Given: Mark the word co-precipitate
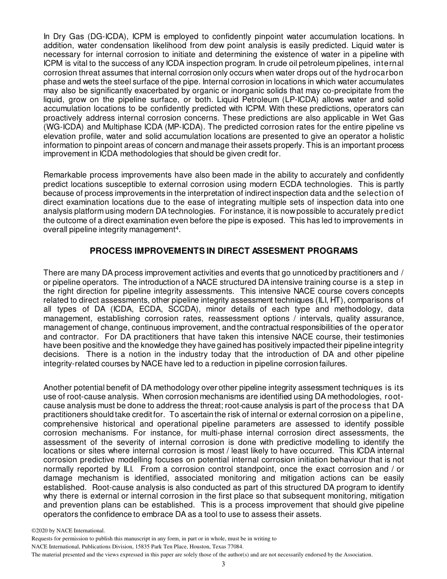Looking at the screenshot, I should pyautogui.click(x=335, y=91).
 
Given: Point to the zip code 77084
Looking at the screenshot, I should pyautogui.click(x=234, y=547).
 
